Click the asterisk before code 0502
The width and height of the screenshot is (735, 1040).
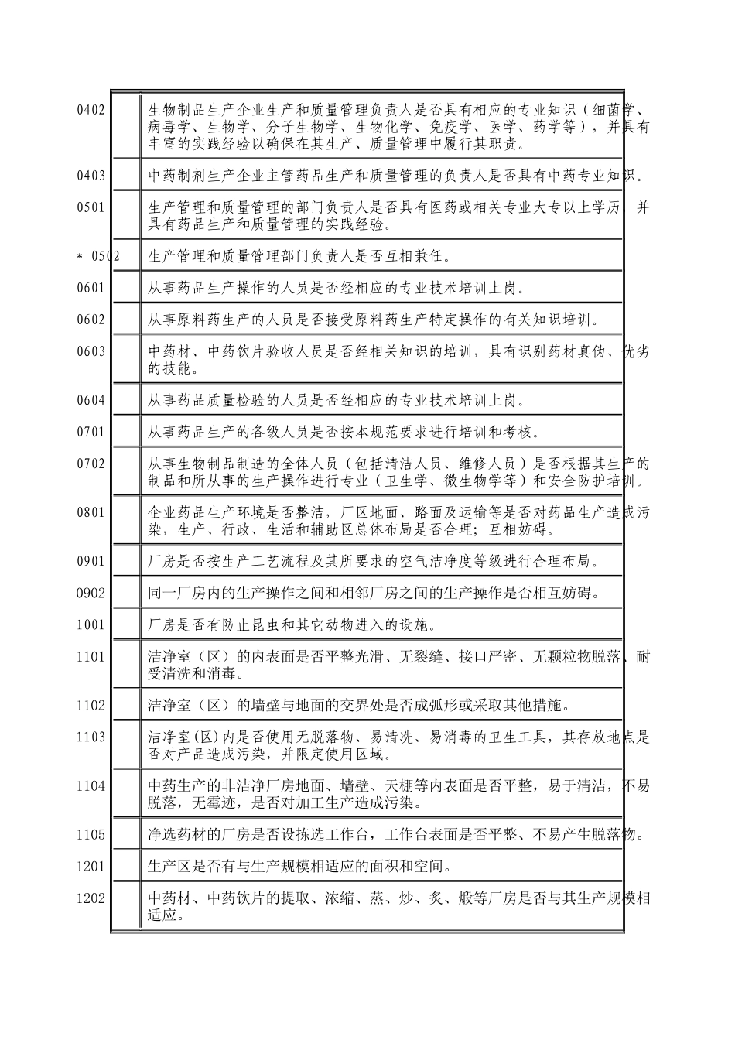tap(80, 256)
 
